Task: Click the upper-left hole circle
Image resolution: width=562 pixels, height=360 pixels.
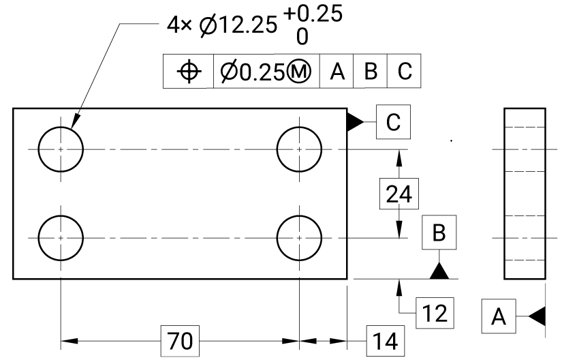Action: point(39,149)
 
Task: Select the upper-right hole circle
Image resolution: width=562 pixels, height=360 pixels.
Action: point(277,149)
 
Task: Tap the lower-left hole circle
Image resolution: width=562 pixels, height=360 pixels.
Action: point(39,238)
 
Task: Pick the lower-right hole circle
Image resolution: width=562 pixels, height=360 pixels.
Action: point(277,238)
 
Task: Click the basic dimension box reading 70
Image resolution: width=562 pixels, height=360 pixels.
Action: point(180,341)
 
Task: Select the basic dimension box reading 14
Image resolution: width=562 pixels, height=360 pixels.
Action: point(386,341)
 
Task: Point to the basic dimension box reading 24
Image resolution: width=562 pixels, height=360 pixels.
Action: point(399,194)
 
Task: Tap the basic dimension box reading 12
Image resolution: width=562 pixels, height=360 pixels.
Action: point(435,313)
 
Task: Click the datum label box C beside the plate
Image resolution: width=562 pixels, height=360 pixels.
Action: point(393,122)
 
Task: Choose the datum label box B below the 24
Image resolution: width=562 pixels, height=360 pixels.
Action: point(439,232)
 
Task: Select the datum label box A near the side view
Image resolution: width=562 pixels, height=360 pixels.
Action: point(499,316)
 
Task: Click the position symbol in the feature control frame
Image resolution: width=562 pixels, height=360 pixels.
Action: point(189,72)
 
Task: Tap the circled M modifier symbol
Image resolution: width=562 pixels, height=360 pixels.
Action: point(299,72)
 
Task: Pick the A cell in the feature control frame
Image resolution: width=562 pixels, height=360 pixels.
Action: point(337,71)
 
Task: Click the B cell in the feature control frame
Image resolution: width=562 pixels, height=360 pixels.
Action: point(371,71)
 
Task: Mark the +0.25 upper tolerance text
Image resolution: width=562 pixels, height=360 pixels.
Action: point(313,14)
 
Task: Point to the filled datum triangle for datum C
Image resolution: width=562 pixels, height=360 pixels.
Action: point(355,122)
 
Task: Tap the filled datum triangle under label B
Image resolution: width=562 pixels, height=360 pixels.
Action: point(439,271)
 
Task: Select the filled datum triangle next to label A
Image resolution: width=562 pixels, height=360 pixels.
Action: point(537,316)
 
